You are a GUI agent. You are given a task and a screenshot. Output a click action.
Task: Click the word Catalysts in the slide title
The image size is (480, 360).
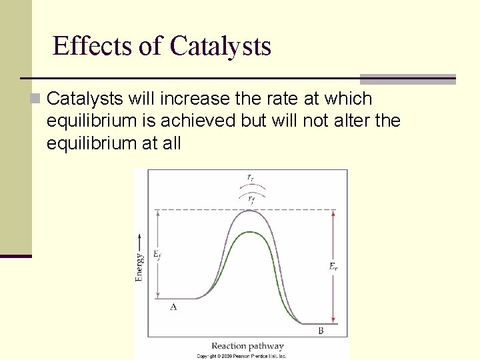click(220, 46)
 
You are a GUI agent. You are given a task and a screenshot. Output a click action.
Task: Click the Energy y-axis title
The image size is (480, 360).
click(139, 267)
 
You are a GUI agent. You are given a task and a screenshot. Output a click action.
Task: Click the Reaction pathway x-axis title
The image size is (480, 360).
click(247, 346)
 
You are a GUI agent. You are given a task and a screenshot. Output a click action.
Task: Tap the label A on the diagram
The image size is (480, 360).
click(173, 307)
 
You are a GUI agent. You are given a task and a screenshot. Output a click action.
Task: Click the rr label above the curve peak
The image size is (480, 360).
click(250, 177)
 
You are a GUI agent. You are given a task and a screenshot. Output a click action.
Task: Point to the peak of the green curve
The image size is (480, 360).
click(249, 232)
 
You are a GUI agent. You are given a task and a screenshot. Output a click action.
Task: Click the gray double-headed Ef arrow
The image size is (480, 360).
click(158, 280)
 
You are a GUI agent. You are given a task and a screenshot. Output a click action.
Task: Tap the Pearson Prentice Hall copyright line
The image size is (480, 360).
click(241, 356)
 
